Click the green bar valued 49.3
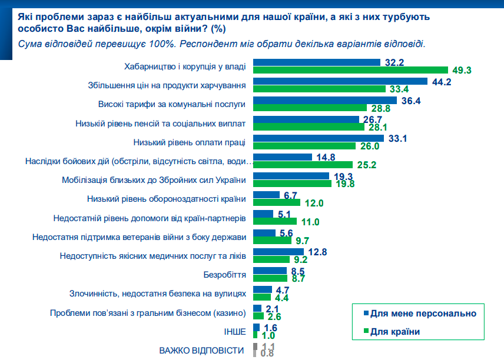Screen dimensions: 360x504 coord(350,70)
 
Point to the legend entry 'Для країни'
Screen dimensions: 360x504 coord(395,332)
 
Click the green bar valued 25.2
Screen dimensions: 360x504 coord(303,165)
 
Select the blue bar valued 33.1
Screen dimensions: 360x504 coord(319,138)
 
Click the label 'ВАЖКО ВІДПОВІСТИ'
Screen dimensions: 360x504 coord(201,350)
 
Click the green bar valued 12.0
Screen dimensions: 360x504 coord(277,202)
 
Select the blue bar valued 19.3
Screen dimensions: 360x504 coord(291,176)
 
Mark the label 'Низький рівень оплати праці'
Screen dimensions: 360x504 coord(189,142)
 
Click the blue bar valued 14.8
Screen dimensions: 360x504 coord(282,157)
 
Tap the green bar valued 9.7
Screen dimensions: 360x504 coord(273,240)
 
